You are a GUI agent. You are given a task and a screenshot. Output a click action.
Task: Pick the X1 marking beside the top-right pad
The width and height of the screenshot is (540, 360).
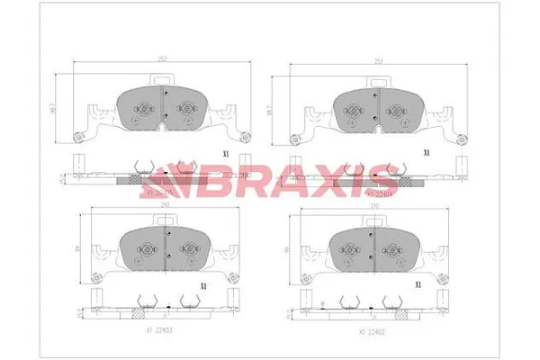point(426,153)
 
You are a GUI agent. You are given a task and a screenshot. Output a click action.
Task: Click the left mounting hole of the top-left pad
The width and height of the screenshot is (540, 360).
point(77,138)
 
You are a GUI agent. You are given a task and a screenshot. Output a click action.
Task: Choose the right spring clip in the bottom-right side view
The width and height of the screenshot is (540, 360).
point(396,302)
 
